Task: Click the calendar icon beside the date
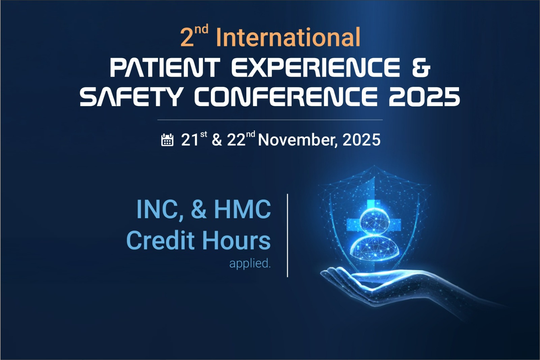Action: pos(167,140)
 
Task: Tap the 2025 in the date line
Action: pos(361,140)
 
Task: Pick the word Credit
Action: pos(160,240)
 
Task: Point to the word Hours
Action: pos(236,240)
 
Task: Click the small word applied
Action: pos(250,263)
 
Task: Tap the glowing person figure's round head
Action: pos(374,221)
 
